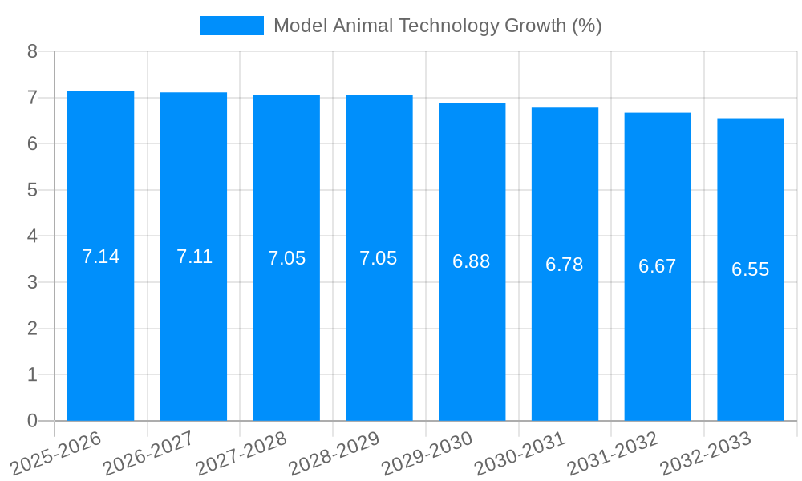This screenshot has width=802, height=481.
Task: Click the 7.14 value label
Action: [100, 257]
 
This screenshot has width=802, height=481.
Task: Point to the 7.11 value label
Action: [194, 257]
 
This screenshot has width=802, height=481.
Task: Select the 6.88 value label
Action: [472, 261]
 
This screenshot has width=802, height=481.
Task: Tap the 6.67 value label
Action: [658, 266]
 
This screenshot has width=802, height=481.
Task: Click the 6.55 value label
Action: [750, 269]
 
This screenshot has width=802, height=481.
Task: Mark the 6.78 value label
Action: [565, 265]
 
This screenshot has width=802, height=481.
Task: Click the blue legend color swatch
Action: [231, 26]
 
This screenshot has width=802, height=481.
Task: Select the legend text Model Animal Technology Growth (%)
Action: [437, 26]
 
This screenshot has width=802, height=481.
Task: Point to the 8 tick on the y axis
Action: [32, 51]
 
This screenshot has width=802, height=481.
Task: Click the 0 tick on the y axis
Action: [32, 421]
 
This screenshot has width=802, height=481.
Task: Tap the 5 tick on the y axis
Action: [32, 190]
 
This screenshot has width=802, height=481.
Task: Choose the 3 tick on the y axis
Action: [32, 282]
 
